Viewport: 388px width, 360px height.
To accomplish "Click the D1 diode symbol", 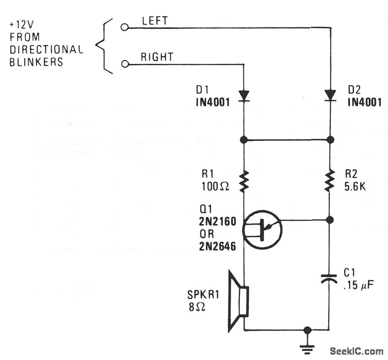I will pyautogui.click(x=244, y=95).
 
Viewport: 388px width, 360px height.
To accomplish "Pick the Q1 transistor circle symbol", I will pyautogui.click(x=262, y=230).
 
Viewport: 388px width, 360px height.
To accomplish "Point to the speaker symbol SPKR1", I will pyautogui.click(x=238, y=302).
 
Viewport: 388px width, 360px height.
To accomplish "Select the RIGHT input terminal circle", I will pyautogui.click(x=125, y=63).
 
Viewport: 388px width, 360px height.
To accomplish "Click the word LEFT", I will pyautogui.click(x=155, y=21).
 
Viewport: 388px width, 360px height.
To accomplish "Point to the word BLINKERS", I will pyautogui.click(x=36, y=62).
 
